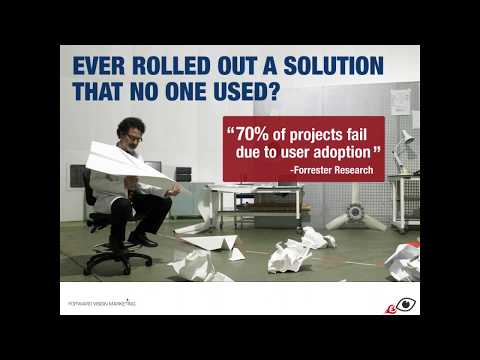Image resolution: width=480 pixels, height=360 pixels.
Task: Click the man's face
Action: [x=132, y=134]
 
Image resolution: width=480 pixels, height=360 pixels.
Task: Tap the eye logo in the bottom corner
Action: [x=404, y=304]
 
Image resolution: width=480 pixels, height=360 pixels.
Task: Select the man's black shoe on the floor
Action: [x=143, y=240]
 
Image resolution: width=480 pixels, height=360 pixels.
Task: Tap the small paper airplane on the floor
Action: [x=211, y=243]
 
